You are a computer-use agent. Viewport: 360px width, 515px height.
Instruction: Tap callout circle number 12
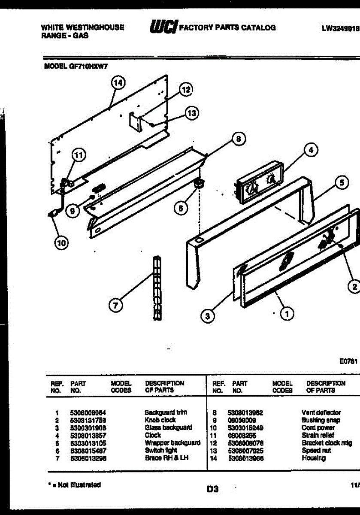pos(185,90)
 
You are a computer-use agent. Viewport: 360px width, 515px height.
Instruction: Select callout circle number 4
pos(311,150)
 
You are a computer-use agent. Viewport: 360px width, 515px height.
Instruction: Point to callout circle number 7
pos(115,306)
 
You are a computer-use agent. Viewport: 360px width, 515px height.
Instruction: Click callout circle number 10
pos(61,243)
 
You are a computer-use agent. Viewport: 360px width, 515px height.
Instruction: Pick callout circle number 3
pos(207,316)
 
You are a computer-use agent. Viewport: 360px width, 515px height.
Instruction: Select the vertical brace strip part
pos(157,288)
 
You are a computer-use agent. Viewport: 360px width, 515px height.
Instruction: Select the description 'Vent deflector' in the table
pos(321,412)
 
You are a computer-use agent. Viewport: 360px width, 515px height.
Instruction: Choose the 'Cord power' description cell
pos(318,428)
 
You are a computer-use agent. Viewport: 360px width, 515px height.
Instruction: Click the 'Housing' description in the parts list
pos(313,458)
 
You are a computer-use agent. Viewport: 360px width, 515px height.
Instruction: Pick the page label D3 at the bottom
pos(212,489)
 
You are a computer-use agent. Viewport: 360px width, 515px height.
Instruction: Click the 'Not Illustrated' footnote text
pos(74,485)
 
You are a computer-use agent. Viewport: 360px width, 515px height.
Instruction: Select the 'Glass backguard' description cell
pos(168,428)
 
